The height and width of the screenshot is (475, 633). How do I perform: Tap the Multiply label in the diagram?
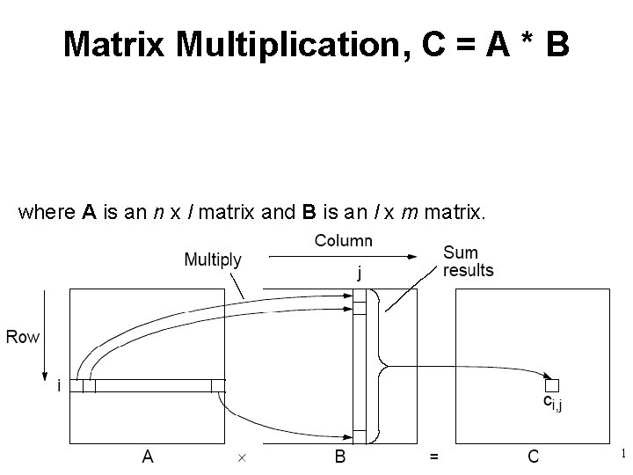coord(213,259)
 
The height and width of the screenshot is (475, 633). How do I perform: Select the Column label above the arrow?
coord(343,240)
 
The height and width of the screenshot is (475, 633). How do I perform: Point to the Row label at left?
coord(23,336)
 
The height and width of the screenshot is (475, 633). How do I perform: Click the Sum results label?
coord(468,261)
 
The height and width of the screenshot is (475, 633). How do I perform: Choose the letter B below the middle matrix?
coord(339,456)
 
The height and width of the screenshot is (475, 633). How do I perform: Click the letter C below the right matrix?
coord(534,456)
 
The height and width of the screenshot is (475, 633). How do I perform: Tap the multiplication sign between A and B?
coord(241,457)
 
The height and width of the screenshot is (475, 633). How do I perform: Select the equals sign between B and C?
coord(433,457)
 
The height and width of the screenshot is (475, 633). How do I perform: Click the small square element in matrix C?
coord(551,385)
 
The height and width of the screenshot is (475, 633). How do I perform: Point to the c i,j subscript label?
coord(552,404)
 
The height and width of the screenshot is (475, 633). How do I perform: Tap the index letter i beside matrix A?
coord(58,385)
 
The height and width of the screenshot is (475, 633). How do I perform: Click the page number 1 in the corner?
coord(622,454)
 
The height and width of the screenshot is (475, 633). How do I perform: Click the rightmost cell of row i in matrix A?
coord(218,385)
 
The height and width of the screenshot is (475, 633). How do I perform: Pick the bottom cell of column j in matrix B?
coord(359,436)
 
